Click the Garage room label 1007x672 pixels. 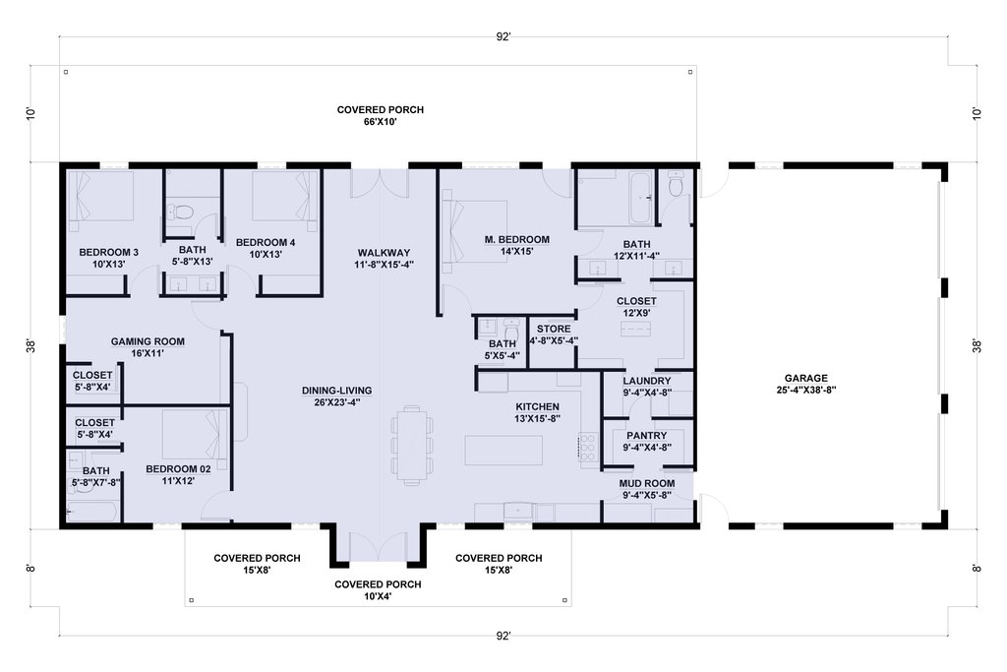pos(806,379)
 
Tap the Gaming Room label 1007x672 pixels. pos(148,341)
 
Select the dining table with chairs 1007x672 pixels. pos(412,444)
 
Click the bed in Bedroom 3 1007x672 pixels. pos(101,197)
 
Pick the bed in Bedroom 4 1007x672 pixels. pos(285,197)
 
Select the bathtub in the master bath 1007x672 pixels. pos(639,197)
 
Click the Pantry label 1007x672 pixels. pos(647,436)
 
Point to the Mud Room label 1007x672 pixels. pos(647,484)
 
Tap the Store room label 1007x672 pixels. pos(554,329)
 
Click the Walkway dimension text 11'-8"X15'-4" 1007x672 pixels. pos(385,264)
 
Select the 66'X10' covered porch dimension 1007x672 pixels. pos(381,121)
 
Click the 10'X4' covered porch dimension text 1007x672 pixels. pos(378,596)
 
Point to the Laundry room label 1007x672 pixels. pos(647,381)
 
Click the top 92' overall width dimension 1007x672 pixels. pos(503,36)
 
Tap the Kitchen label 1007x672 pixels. pos(538,406)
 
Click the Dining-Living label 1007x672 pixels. pos(336,391)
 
